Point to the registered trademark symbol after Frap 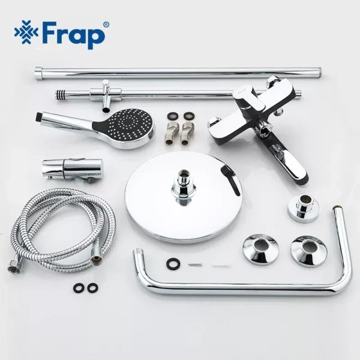point(106,25)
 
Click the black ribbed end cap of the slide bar point(60,94)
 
